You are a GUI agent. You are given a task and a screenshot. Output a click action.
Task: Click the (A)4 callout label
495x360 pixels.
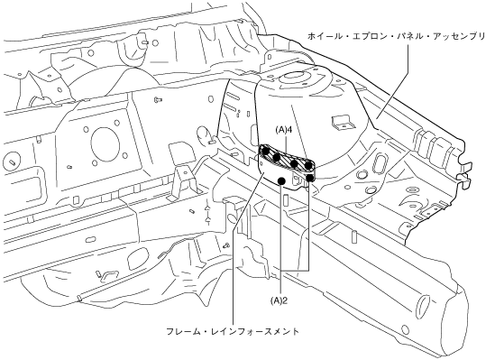point(283,130)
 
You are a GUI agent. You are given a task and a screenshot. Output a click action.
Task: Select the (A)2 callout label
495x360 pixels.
point(280,301)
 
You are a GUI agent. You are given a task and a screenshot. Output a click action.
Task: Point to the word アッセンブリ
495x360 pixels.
point(459,36)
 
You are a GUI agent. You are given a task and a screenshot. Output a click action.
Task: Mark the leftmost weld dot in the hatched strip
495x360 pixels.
point(266,152)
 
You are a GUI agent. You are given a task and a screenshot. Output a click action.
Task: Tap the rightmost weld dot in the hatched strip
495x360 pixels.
point(308,165)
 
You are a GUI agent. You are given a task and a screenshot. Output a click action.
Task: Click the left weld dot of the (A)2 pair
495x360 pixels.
point(281,180)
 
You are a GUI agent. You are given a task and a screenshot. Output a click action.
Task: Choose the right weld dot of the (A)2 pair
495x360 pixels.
point(310,178)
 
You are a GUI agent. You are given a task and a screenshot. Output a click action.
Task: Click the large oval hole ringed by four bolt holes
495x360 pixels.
point(105,143)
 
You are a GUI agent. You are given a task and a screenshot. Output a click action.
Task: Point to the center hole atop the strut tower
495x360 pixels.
point(294,78)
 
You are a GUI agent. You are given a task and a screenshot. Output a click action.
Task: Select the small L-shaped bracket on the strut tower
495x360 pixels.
point(342,122)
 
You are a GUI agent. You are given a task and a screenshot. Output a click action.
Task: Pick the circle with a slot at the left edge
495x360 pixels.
point(13,160)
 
